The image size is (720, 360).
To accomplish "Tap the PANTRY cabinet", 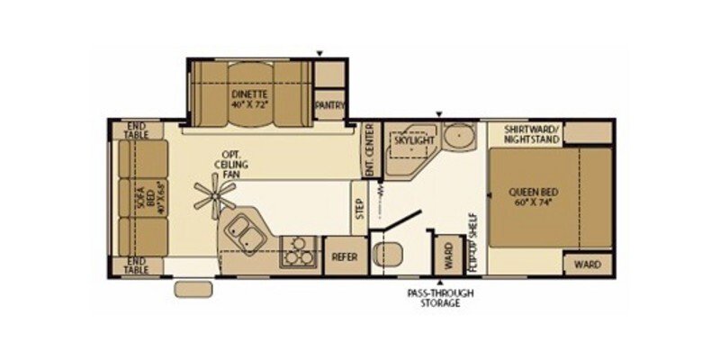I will (330, 104).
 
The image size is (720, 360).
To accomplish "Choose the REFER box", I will (344, 256).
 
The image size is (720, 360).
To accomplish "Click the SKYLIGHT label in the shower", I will (414, 141).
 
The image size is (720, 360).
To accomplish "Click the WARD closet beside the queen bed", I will (588, 265).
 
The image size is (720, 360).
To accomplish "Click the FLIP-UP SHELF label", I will (472, 241).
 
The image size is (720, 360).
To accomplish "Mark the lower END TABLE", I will (138, 265).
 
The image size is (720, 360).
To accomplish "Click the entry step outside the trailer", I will (191, 290).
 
